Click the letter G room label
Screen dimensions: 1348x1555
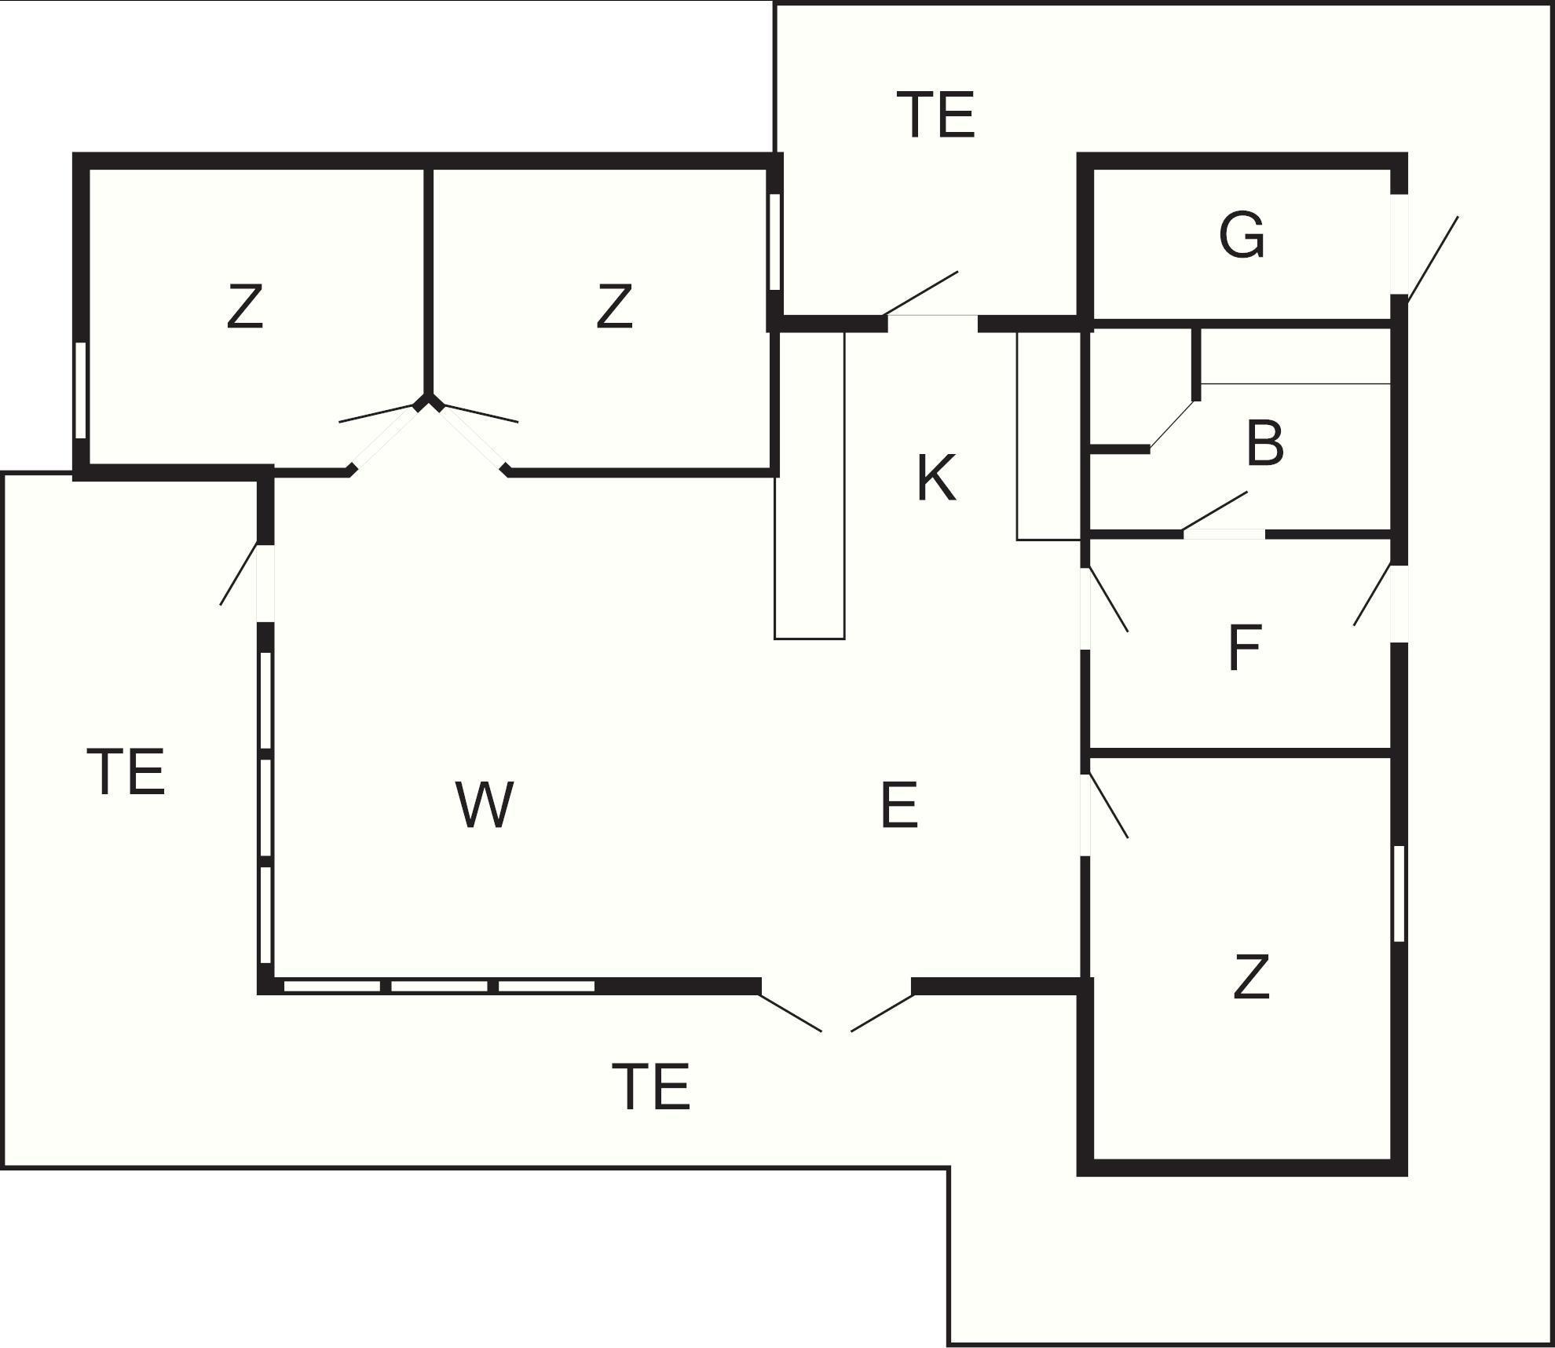click(x=1242, y=235)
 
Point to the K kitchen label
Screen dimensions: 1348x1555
click(x=936, y=478)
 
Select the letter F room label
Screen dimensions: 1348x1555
click(x=1244, y=648)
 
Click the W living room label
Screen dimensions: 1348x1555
click(x=485, y=805)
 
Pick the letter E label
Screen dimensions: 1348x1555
click(x=899, y=805)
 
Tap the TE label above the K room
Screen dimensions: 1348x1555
click(x=935, y=115)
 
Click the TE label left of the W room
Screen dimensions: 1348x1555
click(x=126, y=771)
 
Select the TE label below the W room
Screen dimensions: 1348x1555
click(x=651, y=1086)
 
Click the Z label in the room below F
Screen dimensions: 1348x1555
click(x=1251, y=977)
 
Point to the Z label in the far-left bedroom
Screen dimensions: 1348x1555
click(x=244, y=308)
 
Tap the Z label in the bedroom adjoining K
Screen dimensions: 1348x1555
click(x=614, y=308)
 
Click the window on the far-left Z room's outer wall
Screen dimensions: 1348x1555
click(x=80, y=390)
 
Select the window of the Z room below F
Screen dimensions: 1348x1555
click(x=1398, y=893)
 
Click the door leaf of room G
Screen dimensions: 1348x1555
click(x=1432, y=259)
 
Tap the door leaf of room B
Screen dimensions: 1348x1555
click(x=1214, y=511)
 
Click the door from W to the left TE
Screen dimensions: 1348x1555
click(x=240, y=573)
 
